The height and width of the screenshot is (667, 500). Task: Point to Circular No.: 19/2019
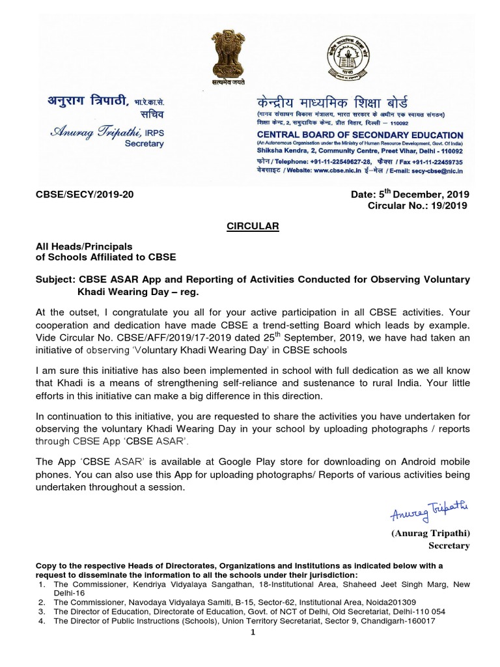(417, 206)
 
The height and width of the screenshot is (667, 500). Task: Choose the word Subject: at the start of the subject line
(55, 279)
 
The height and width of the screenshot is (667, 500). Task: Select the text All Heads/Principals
(84, 246)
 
